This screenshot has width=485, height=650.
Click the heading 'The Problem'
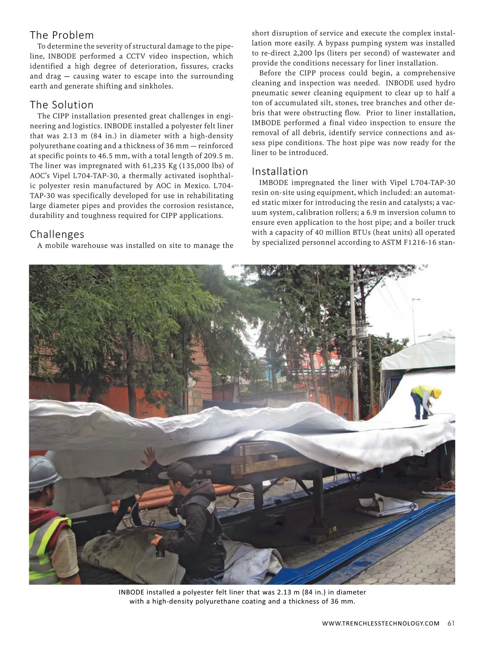tap(62, 35)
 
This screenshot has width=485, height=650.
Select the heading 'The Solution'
tap(62, 105)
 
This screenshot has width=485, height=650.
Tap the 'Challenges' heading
tap(57, 234)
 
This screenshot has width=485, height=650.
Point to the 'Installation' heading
tap(280, 172)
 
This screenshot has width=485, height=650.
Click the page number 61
tap(451, 623)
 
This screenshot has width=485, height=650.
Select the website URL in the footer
tap(381, 623)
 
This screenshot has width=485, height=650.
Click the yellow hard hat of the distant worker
tap(436, 393)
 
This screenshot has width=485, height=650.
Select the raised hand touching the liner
tap(149, 457)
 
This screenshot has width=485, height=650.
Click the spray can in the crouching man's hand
tap(160, 552)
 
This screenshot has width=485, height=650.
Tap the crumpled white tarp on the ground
tap(386, 504)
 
